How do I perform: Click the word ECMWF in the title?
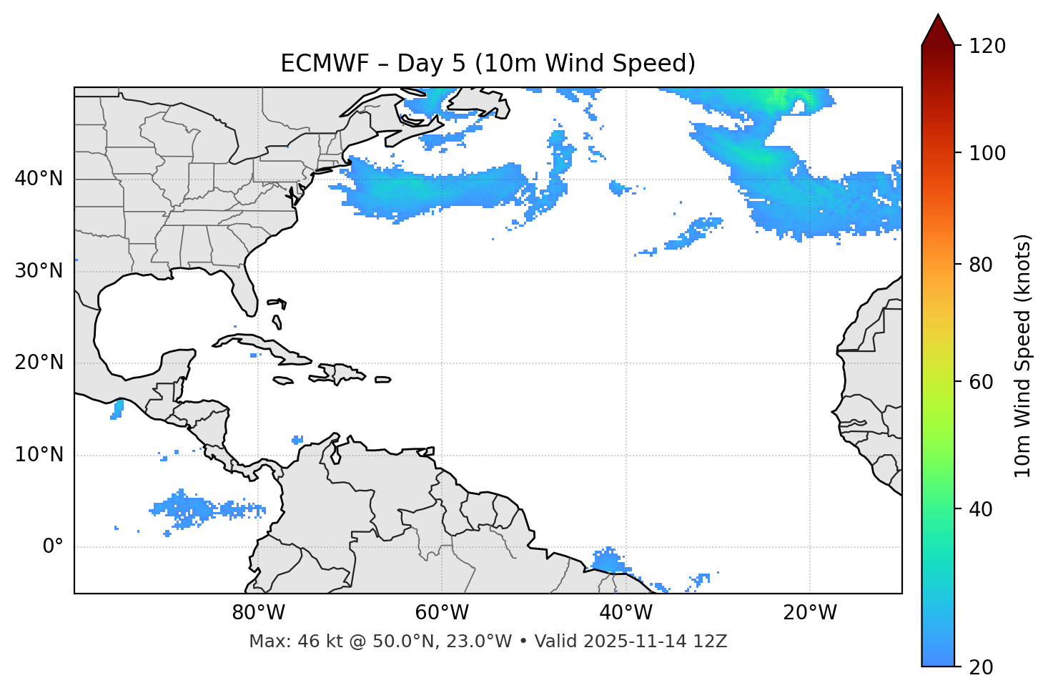click(x=312, y=64)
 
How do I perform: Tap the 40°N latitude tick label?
click(x=39, y=179)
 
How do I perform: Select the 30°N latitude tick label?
click(x=39, y=271)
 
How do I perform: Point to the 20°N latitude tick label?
click(x=39, y=363)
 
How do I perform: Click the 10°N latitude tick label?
click(x=39, y=455)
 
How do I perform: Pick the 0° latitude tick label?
click(x=52, y=547)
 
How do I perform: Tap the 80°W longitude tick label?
click(x=258, y=613)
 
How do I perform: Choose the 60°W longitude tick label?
click(x=442, y=613)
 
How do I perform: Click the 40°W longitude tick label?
click(x=626, y=613)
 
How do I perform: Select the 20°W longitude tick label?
click(x=810, y=613)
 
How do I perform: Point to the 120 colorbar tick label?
click(x=987, y=46)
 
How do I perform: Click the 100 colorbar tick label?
click(x=987, y=153)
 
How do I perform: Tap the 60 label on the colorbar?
click(x=982, y=382)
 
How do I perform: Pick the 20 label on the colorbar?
click(x=982, y=667)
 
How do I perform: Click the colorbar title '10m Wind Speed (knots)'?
click(x=1023, y=355)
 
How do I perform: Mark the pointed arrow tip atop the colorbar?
click(x=938, y=16)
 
